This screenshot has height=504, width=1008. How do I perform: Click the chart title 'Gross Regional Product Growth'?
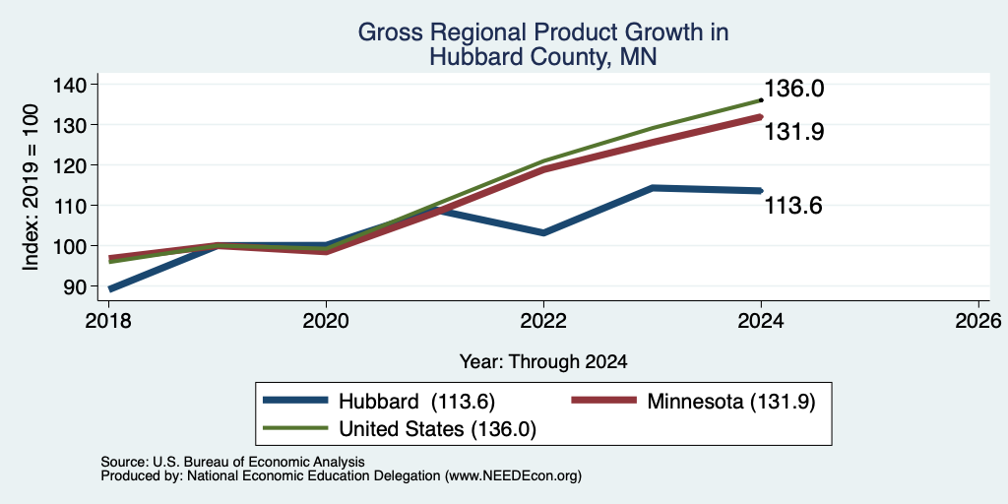[542, 32]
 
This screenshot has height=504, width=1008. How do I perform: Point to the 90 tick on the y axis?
[74, 286]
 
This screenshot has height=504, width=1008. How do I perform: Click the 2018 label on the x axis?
[109, 321]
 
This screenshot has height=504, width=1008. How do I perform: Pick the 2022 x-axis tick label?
[543, 321]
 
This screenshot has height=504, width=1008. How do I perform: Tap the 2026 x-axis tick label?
[978, 321]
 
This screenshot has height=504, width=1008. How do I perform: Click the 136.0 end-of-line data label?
[793, 89]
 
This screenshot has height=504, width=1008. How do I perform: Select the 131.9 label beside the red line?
[793, 132]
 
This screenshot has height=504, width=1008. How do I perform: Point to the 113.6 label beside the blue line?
[793, 206]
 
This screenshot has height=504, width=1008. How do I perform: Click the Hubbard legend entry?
[379, 402]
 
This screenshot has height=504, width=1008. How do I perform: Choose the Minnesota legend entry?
[694, 402]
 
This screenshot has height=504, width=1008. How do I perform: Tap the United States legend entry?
[400, 429]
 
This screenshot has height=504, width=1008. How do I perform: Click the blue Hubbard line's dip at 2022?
[543, 232]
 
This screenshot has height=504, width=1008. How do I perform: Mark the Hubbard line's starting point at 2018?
[110, 289]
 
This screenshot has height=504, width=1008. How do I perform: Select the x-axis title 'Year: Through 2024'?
[543, 361]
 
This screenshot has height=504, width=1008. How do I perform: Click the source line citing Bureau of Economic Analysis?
[232, 462]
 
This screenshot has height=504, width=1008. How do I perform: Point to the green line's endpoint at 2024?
[761, 100]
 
